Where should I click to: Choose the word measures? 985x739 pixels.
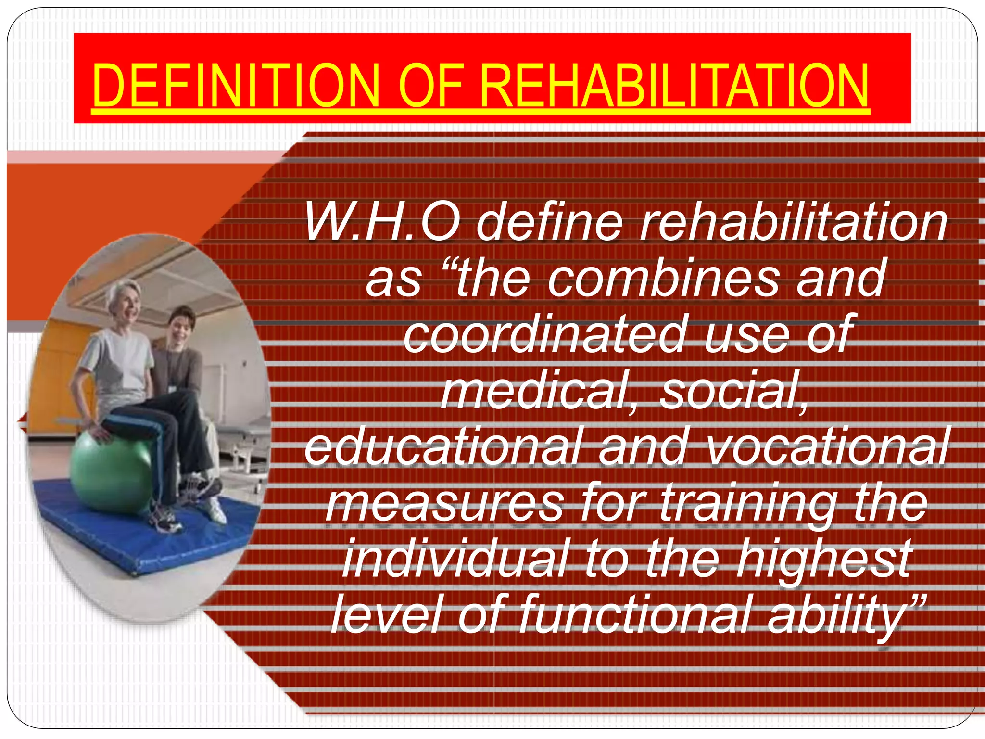pyautogui.click(x=444, y=504)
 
